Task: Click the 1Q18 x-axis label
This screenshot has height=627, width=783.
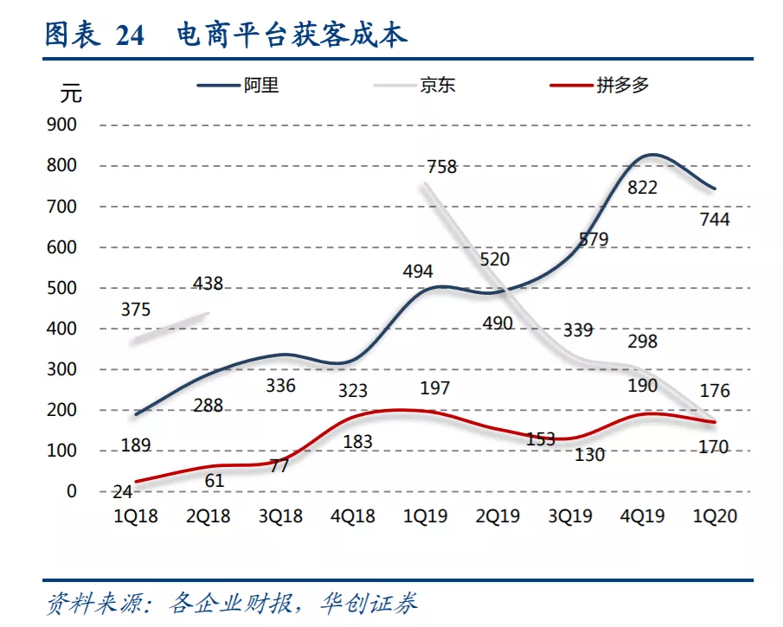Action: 137,516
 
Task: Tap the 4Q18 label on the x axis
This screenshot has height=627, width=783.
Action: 353,516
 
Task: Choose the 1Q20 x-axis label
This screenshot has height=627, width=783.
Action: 716,516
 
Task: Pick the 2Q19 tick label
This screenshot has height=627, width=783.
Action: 497,516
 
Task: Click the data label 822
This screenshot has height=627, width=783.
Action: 642,188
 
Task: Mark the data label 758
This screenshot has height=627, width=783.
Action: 441,167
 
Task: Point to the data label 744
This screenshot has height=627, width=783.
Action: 715,220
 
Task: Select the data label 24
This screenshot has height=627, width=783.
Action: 123,492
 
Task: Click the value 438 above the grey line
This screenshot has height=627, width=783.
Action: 208,283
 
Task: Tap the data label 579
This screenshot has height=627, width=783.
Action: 594,240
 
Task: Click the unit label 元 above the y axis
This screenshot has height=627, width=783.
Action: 73,93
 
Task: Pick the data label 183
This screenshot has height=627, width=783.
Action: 357,442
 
